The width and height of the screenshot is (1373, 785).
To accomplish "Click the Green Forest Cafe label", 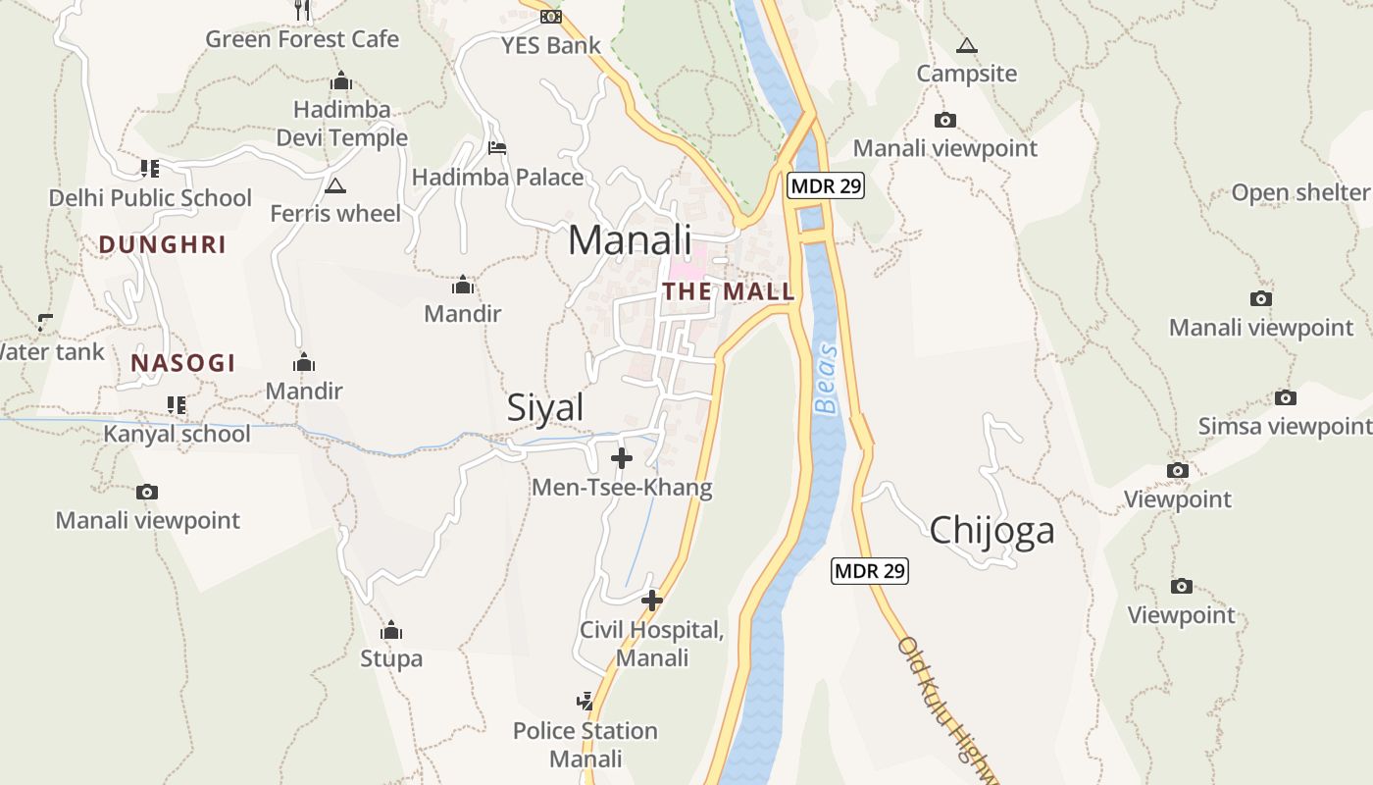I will pyautogui.click(x=302, y=39).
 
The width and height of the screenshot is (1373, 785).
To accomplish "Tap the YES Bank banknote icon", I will pyautogui.click(x=551, y=17).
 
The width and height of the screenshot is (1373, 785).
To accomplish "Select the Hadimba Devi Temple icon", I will pyautogui.click(x=341, y=81).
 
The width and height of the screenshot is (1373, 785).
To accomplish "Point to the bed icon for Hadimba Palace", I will pyautogui.click(x=497, y=148).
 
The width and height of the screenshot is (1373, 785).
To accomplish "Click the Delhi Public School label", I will pyautogui.click(x=150, y=198).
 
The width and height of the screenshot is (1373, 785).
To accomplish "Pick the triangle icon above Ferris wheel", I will pyautogui.click(x=335, y=185).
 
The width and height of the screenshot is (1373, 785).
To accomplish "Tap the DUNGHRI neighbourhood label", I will pyautogui.click(x=163, y=245).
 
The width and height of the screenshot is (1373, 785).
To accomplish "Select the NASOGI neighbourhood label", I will pyautogui.click(x=183, y=363).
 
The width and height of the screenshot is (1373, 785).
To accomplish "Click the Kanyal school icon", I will pyautogui.click(x=177, y=404).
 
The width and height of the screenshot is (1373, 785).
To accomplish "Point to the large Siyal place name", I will pyautogui.click(x=545, y=408).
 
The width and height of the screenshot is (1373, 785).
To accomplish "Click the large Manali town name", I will pyautogui.click(x=630, y=240).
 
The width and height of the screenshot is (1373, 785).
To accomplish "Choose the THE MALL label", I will pyautogui.click(x=728, y=291).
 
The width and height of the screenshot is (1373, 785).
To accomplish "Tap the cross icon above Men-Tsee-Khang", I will pyautogui.click(x=622, y=458).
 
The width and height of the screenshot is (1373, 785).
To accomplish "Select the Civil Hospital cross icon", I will pyautogui.click(x=652, y=601).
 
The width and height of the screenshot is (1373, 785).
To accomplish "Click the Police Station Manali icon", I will pyautogui.click(x=585, y=702).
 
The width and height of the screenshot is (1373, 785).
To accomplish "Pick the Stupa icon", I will pyautogui.click(x=391, y=630).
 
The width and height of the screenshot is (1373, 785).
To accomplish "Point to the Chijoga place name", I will pyautogui.click(x=992, y=530).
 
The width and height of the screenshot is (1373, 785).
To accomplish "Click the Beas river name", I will pyautogui.click(x=828, y=378).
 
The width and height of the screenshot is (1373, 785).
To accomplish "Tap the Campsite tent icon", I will pyautogui.click(x=967, y=45).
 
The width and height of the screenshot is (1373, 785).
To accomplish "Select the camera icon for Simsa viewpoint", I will pyautogui.click(x=1286, y=397).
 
